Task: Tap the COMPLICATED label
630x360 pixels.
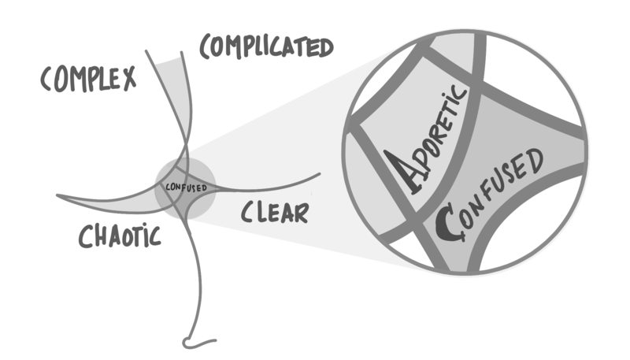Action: (x=265, y=47)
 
